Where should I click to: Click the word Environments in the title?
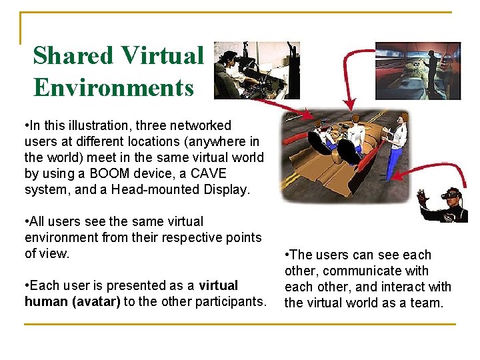pyautogui.click(x=113, y=87)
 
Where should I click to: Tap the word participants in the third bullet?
pyautogui.click(x=229, y=301)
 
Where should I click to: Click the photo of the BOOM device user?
pyautogui.click(x=257, y=70)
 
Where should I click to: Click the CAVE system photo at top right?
pyautogui.click(x=418, y=71)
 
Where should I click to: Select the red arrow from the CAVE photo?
pyautogui.click(x=351, y=73)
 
